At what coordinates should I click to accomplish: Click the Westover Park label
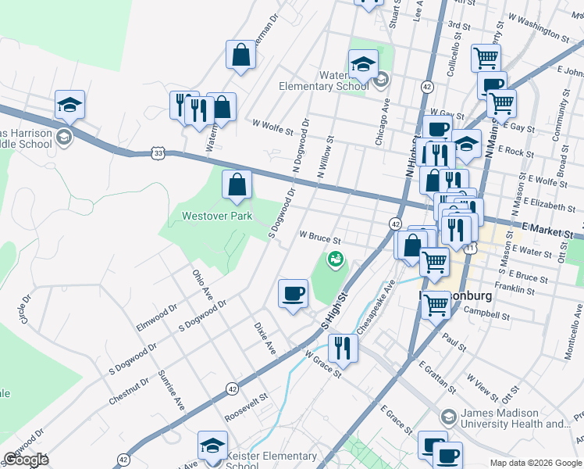click(217, 216)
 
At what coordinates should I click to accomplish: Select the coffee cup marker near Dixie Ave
click(294, 294)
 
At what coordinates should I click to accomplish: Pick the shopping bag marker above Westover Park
click(237, 185)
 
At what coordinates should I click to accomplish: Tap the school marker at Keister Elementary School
click(212, 446)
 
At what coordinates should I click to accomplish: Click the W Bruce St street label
click(321, 235)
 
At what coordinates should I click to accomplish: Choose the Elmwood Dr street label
click(153, 321)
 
